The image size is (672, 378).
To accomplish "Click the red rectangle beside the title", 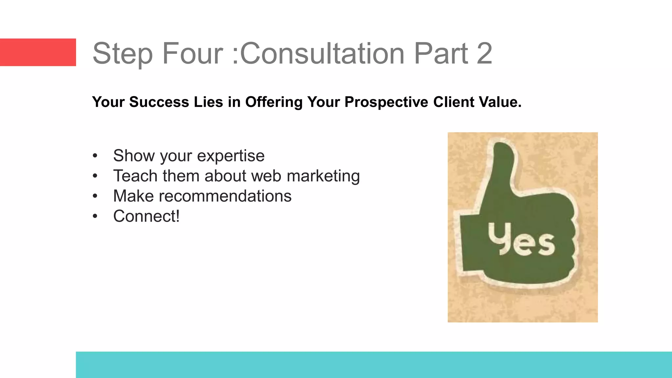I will pos(38,52).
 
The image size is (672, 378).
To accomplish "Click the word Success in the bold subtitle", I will pos(159,102).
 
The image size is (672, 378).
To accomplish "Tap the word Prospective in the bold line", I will pos(386,102).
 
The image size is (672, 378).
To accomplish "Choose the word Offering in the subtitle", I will pos(274,102).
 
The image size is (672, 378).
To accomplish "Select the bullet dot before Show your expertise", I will pos(95,156).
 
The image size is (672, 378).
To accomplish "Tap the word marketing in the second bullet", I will pos(323,176).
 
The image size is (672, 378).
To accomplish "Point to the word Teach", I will pos(135,176).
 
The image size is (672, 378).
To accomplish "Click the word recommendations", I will pos(225,196).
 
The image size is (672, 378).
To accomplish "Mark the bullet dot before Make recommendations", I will pos(95,196).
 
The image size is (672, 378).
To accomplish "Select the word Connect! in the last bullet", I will pos(146,216).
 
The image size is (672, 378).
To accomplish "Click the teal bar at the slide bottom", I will pos(374,365).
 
